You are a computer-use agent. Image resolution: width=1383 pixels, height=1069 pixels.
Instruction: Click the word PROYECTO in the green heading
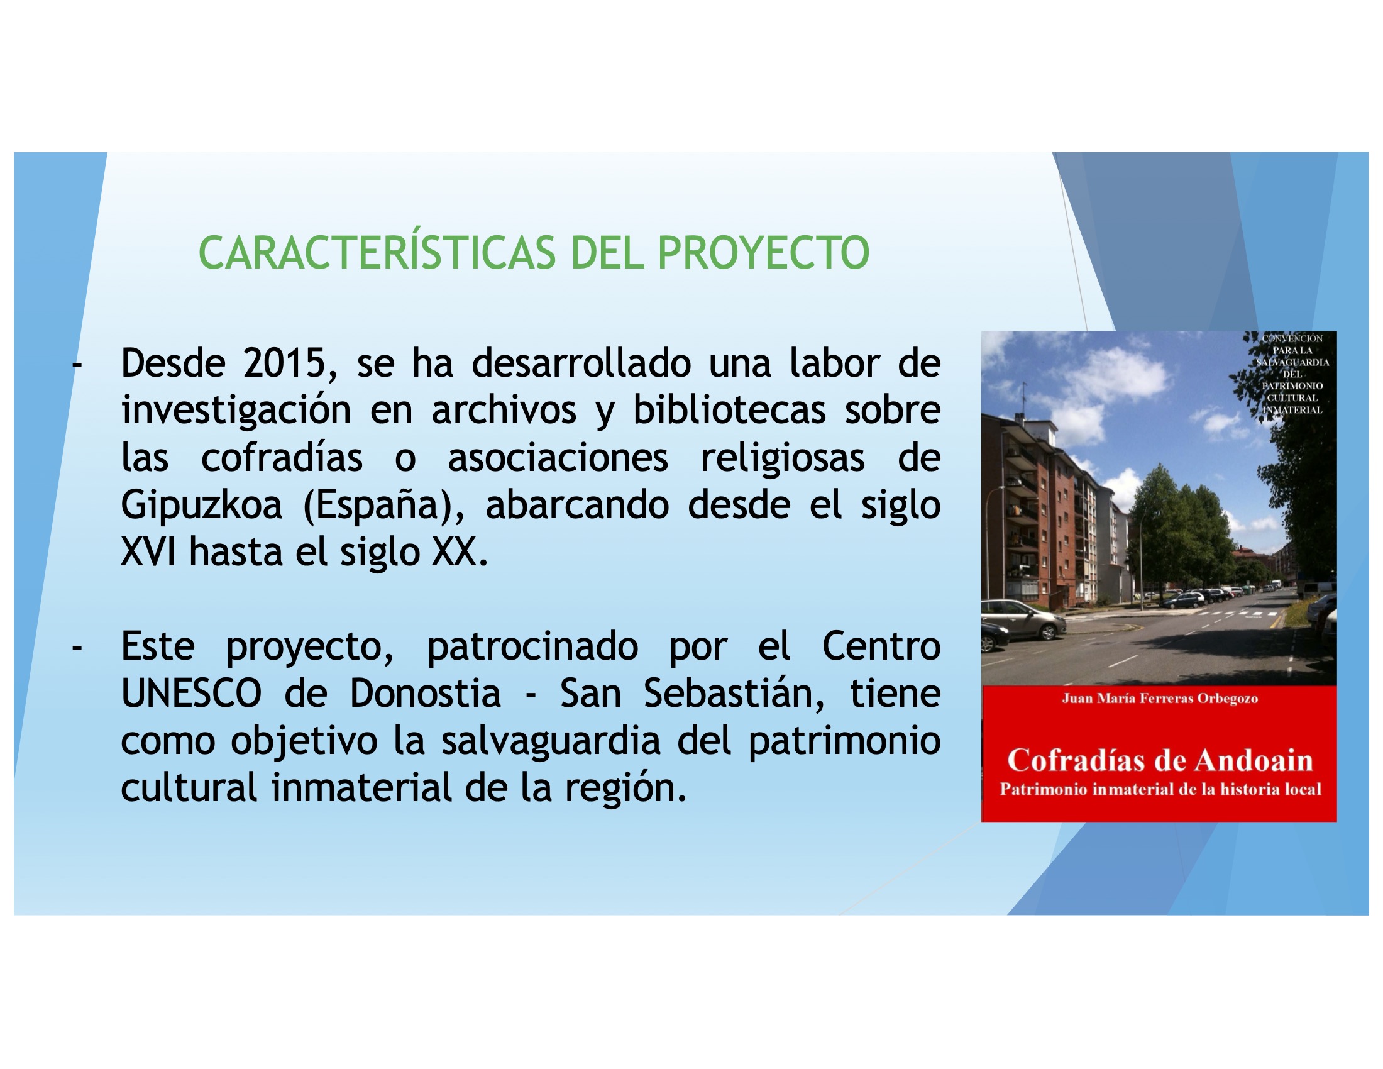(x=764, y=253)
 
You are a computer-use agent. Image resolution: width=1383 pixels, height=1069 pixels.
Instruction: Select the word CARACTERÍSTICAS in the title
(x=377, y=252)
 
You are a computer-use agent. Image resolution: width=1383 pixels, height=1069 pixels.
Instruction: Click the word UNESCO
(x=191, y=694)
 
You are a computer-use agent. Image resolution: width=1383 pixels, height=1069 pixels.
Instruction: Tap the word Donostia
(x=425, y=694)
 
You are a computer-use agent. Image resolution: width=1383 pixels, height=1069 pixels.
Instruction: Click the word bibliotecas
(x=729, y=410)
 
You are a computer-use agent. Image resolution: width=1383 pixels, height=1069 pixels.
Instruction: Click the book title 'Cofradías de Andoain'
(x=1160, y=760)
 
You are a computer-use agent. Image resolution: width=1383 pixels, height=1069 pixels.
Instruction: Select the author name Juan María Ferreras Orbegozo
(x=1159, y=699)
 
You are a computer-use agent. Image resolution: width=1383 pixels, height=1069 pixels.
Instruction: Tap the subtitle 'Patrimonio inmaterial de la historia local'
(x=1160, y=790)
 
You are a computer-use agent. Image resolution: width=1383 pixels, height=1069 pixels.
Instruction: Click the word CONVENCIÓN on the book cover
(x=1292, y=339)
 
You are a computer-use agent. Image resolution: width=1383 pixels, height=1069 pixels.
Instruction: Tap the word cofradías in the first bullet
(x=282, y=458)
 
